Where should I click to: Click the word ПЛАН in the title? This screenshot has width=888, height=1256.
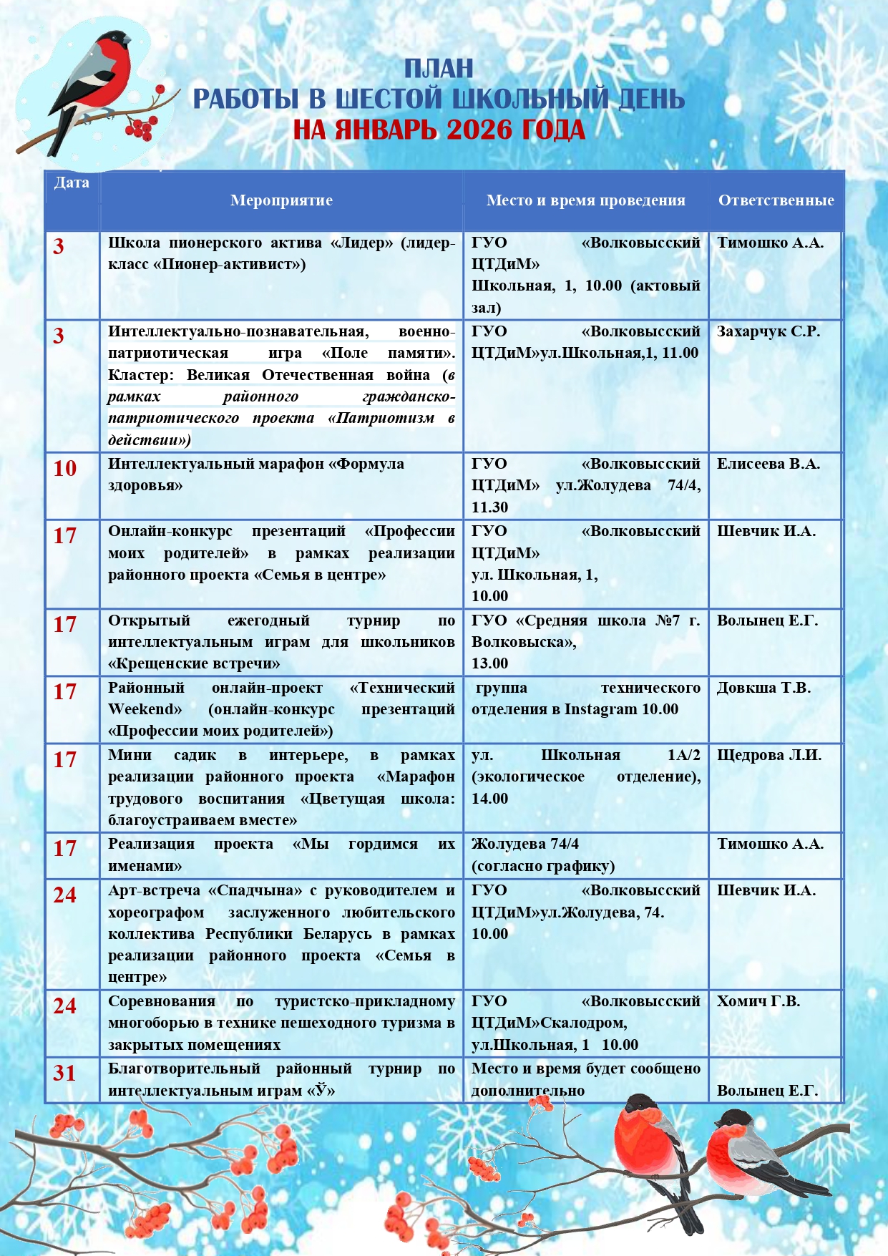(439, 69)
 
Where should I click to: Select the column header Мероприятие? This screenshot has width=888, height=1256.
(281, 200)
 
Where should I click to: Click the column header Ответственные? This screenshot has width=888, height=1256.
(776, 200)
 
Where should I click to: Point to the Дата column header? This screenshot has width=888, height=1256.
(72, 182)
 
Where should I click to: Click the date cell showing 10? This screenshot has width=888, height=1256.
(64, 469)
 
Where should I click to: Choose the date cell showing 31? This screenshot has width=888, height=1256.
(64, 1074)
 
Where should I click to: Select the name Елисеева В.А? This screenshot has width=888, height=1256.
(768, 464)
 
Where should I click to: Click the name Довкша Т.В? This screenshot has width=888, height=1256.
(763, 688)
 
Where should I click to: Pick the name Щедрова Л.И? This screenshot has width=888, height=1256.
(769, 755)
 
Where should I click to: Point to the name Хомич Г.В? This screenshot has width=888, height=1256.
(758, 1001)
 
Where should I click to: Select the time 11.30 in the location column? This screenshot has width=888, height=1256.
(489, 507)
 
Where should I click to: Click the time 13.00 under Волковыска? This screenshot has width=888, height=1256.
(489, 663)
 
